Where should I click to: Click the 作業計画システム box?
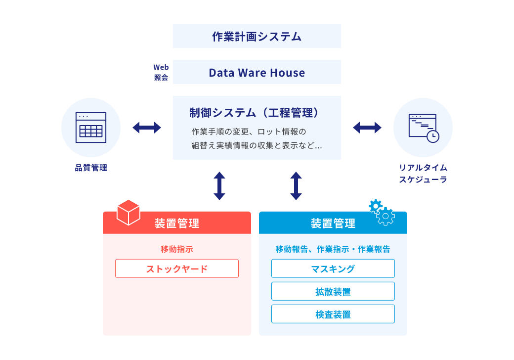pos(257,36)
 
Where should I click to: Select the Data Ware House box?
pos(257,73)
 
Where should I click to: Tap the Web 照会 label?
pos(161,72)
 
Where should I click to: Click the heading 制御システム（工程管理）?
pos(257,113)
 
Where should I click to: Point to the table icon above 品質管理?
pos(91,128)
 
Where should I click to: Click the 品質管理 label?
pos(91,168)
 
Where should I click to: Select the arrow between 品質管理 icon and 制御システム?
pos(147,128)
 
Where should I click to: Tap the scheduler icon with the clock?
pos(423,128)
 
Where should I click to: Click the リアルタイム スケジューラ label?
pos(423,174)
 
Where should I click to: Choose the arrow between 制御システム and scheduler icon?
pos(367,128)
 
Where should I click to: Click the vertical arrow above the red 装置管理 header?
pos(219,186)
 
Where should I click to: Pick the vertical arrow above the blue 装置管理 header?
pos(296,186)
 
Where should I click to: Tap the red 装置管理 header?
pos(177,223)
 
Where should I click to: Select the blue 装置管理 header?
pos(333,224)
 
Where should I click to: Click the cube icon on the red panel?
pos(128,213)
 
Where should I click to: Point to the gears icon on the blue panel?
pos(382,213)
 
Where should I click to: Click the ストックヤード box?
pos(177,269)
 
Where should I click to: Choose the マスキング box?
pos(333,269)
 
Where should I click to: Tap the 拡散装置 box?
pos(333,291)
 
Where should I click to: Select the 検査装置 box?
pos(333,314)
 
